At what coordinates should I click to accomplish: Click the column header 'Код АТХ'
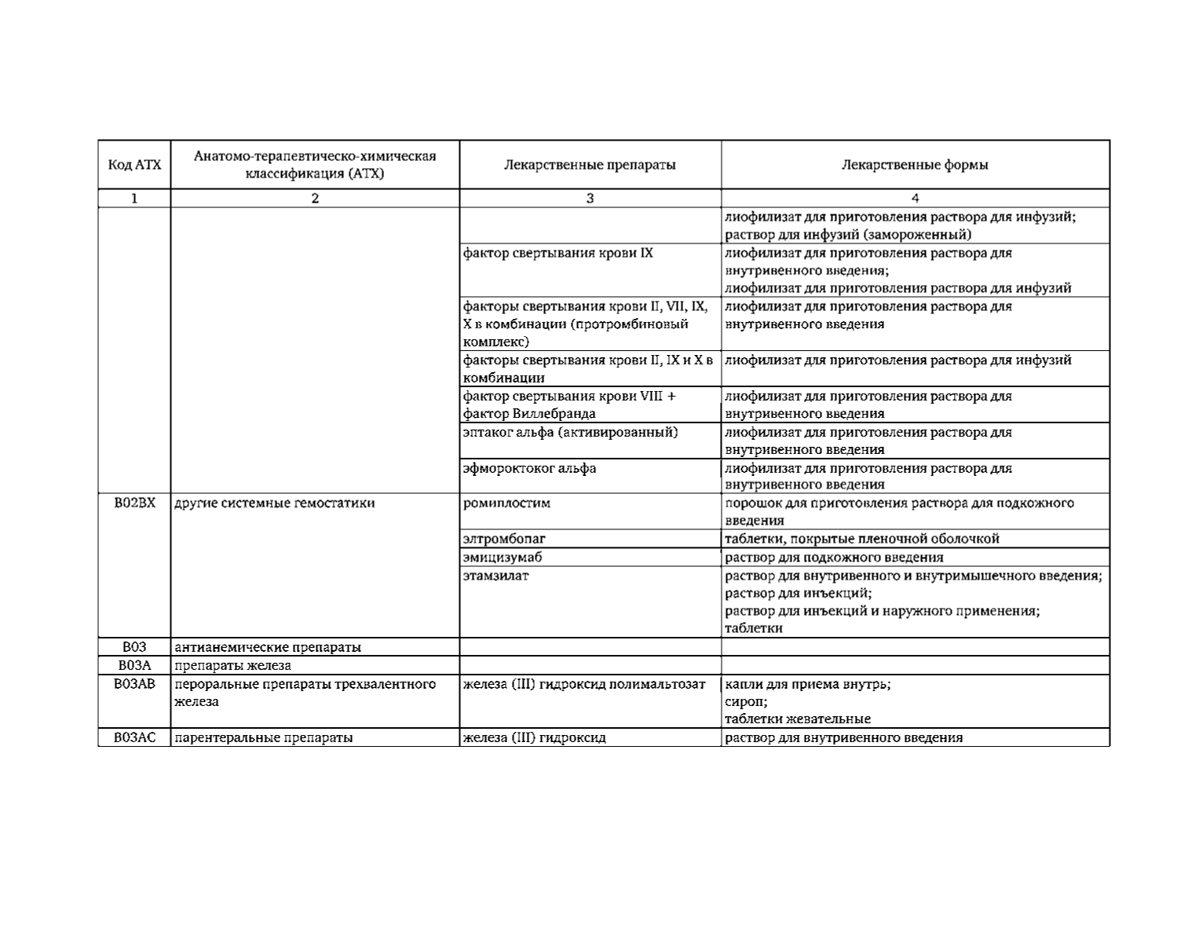[134, 165]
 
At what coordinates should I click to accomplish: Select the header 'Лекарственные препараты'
[590, 165]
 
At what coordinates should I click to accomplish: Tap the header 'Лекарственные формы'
[915, 165]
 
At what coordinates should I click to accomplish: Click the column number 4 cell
[915, 199]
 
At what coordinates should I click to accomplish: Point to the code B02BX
[134, 503]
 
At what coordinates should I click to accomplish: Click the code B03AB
[134, 684]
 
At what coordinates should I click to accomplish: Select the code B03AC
[134, 737]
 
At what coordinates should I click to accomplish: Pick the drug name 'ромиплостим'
[506, 503]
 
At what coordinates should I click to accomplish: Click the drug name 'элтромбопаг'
[504, 539]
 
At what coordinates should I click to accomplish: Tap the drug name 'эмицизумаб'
[503, 558]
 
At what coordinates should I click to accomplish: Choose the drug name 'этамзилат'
[496, 576]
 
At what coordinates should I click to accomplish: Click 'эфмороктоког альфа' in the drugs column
[529, 469]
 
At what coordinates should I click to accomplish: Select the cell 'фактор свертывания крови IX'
[557, 253]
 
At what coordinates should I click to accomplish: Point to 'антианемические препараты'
[268, 648]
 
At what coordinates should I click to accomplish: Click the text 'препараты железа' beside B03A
[232, 666]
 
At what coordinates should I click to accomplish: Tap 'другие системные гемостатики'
[274, 503]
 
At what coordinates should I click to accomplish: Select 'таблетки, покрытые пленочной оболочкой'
[861, 539]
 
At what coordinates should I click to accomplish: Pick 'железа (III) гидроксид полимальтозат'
[584, 684]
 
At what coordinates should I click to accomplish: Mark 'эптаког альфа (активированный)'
[570, 433]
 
